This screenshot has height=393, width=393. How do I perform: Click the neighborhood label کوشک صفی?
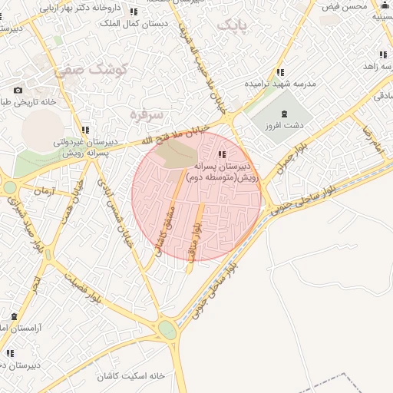tap(83, 71)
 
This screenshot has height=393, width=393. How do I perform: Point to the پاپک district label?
tap(234, 26)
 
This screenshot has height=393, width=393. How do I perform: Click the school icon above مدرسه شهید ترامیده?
tap(280, 72)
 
